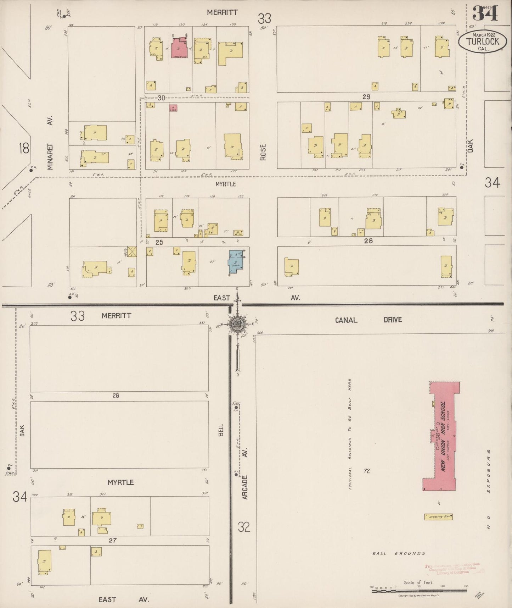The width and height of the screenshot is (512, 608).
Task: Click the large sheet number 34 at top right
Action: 485,13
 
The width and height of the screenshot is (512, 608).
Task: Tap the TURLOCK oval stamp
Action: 482,42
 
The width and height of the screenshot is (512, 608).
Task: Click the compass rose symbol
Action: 237,324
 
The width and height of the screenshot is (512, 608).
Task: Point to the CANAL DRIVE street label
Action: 368,320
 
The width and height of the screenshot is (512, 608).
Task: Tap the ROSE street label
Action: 263,152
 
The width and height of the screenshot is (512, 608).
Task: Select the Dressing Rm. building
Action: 438,516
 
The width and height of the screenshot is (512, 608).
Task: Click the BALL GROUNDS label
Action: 399,553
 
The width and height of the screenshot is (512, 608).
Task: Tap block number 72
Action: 367,471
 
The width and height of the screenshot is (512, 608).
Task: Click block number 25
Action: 159,242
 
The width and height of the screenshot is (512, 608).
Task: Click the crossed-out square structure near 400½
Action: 132,252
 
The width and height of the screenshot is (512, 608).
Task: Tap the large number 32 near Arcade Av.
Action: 244,527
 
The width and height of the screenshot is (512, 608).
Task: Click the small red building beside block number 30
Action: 173,108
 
